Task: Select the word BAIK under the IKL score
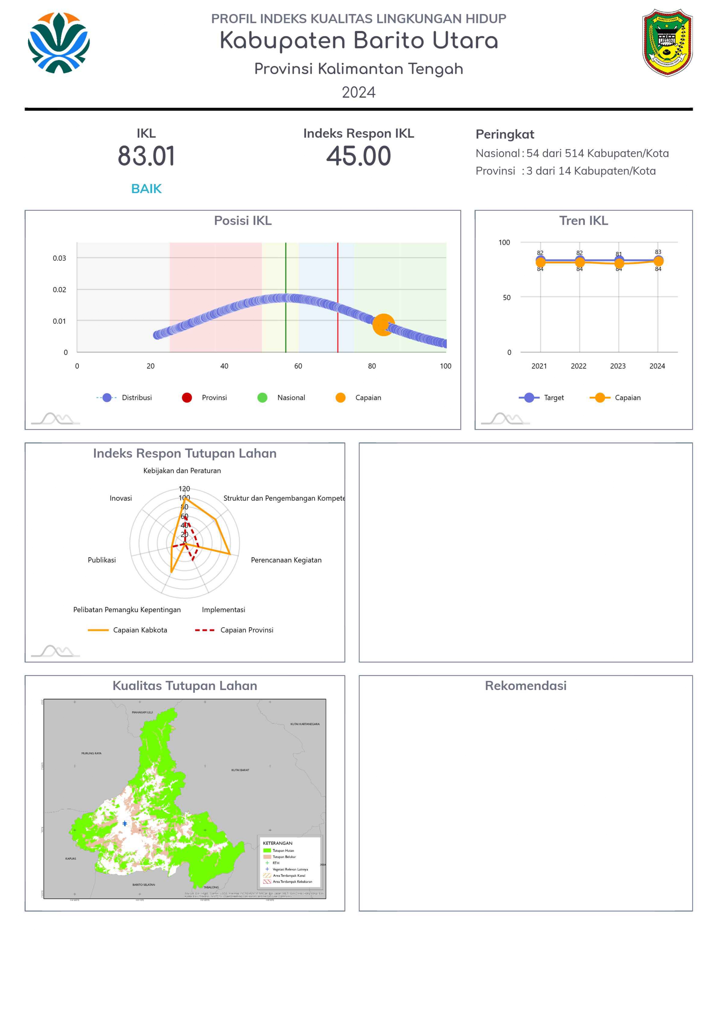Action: pos(146,189)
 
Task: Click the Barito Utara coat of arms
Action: pos(667,43)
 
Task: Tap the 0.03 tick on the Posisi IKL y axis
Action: pos(60,258)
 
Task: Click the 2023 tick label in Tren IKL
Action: pos(618,366)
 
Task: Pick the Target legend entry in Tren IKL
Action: pos(542,398)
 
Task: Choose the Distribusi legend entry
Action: pos(125,398)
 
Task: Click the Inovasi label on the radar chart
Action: pos(121,498)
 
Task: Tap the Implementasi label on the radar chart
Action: pos(223,610)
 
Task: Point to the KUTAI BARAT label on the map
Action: pos(240,770)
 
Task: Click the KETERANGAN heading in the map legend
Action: pos(277,843)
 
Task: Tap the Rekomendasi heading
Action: pos(526,686)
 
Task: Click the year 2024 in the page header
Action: pos(358,93)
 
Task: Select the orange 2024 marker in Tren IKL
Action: pos(658,261)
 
